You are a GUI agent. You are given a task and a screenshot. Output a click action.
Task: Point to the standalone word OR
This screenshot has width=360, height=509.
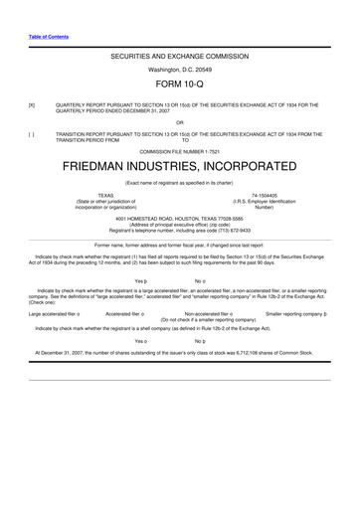click(x=180, y=121)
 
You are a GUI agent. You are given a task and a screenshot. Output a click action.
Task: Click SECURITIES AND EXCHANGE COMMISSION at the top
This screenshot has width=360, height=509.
click(x=180, y=59)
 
